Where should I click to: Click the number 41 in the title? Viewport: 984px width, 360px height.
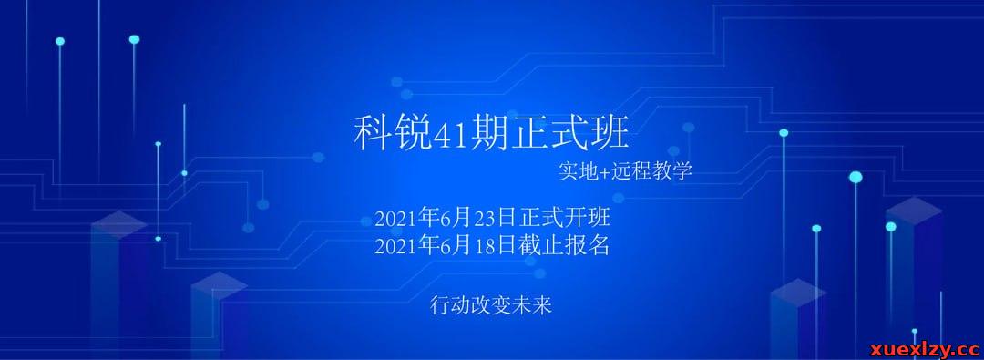coord(447,135)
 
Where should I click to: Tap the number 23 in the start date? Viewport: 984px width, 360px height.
coord(485,220)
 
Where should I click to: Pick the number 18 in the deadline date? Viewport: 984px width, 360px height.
coord(485,246)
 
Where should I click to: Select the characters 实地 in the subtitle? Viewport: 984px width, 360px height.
coord(579,171)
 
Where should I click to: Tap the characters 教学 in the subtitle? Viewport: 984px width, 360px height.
coord(675,171)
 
